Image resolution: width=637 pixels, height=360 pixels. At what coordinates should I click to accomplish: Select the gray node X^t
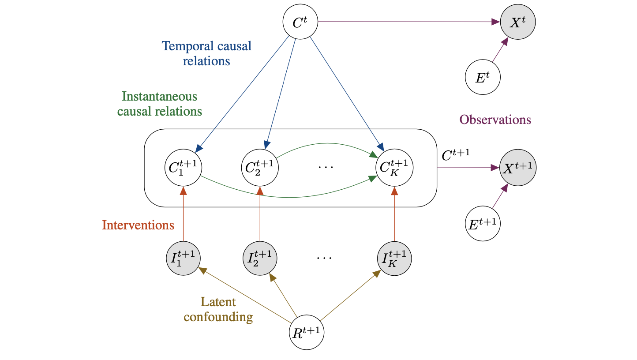(x=517, y=22)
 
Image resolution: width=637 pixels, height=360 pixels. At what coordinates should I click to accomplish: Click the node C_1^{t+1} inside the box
(x=182, y=168)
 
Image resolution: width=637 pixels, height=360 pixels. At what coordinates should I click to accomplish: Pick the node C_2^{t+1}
(x=260, y=168)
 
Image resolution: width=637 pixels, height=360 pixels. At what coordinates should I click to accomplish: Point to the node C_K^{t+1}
(x=394, y=168)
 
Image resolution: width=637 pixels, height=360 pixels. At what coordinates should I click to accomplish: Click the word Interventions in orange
(x=138, y=225)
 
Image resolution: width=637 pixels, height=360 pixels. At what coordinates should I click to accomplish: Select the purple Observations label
(x=495, y=120)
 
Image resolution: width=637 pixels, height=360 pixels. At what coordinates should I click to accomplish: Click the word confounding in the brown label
(x=218, y=317)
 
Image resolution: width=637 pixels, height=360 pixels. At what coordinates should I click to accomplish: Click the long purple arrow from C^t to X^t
(x=406, y=22)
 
